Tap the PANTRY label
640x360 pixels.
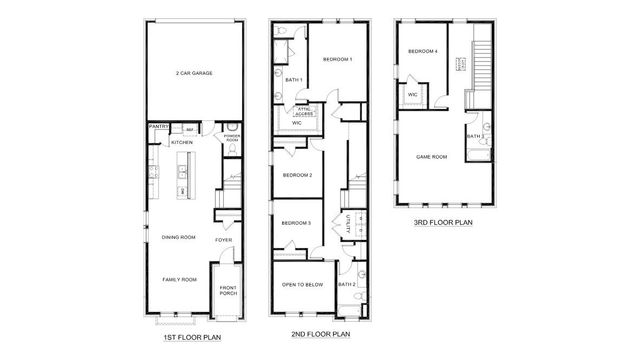point(157,128)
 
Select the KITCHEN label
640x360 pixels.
point(181,143)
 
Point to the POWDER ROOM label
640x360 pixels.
point(231,137)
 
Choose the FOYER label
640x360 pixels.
point(224,240)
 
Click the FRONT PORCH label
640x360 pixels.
point(229,291)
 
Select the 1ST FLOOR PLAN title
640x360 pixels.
point(192,337)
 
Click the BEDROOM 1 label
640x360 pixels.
point(337,60)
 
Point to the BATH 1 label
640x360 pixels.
point(293,80)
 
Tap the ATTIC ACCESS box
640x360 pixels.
point(304,113)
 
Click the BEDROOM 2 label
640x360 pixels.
point(297,175)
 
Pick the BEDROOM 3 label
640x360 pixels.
point(296,223)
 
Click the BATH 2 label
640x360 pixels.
point(347,285)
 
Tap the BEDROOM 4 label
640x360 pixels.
point(422,51)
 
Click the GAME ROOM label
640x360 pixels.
point(431,157)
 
